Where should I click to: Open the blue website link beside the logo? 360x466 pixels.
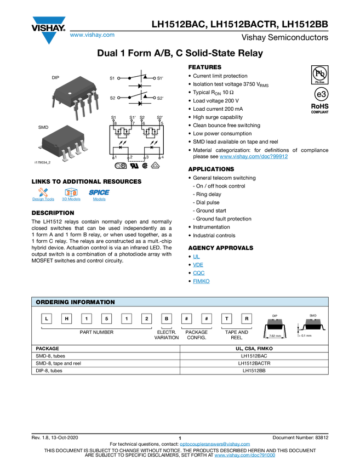tap(92, 36)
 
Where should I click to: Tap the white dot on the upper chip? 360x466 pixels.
tap(70, 94)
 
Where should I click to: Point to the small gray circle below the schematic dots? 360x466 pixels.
tap(118, 166)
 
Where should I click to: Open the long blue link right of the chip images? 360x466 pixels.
tap(254, 157)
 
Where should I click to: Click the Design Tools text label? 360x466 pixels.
tap(43, 200)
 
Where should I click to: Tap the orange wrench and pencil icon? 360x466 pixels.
tap(43, 192)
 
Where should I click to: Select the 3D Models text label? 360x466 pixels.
tap(71, 200)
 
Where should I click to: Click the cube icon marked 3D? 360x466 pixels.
tap(71, 192)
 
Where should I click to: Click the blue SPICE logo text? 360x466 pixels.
tap(99, 192)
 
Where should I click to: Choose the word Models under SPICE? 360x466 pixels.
tap(99, 200)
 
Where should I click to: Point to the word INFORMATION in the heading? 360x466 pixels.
tap(94, 302)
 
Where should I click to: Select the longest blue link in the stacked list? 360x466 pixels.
tap(201, 281)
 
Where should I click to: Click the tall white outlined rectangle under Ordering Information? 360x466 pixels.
tap(256, 336)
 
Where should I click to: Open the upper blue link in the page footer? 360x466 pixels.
tap(215, 445)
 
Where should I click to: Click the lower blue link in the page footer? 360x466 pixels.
tap(244, 456)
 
